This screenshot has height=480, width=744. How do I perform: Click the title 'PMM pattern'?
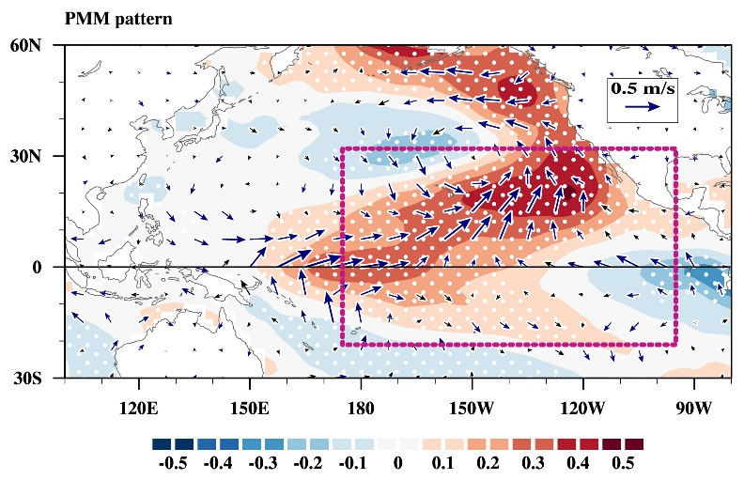(x=118, y=20)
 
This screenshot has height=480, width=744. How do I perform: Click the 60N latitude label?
(x=25, y=46)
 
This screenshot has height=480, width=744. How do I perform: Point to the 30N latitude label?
(x=25, y=157)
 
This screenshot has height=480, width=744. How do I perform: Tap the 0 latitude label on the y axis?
(x=37, y=268)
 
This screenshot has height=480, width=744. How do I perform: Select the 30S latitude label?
(x=26, y=379)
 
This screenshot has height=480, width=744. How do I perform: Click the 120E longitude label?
(x=138, y=408)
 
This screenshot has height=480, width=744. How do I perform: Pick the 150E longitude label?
(x=250, y=408)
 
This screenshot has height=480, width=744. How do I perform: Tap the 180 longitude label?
(x=361, y=408)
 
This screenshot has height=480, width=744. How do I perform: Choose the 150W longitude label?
(x=473, y=408)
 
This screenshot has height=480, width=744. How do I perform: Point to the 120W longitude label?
(x=582, y=408)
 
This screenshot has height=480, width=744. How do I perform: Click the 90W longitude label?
(x=694, y=408)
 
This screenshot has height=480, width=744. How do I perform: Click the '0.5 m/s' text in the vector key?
(x=643, y=88)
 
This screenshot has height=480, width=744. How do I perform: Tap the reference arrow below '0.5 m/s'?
(x=643, y=107)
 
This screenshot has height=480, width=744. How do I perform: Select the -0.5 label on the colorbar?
(x=173, y=463)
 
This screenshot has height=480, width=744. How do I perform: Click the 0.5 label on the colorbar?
(x=623, y=463)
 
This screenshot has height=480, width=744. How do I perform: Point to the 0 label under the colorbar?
(x=398, y=463)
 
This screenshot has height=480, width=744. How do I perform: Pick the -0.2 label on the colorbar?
(x=308, y=463)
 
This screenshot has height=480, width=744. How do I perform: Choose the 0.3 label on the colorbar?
(x=533, y=463)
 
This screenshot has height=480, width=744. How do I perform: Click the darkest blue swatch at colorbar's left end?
(x=162, y=444)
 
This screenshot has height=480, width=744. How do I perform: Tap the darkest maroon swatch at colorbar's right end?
(x=634, y=444)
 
